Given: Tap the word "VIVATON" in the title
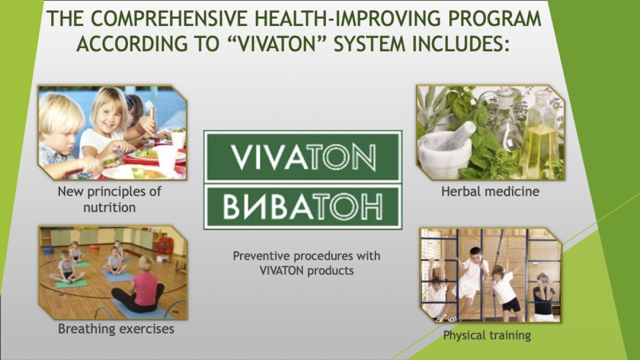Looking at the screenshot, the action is click(x=278, y=43).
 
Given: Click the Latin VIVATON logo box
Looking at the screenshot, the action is click(x=303, y=156).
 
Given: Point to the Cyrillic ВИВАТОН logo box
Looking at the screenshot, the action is click(x=303, y=206).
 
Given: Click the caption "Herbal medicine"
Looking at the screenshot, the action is click(x=490, y=191).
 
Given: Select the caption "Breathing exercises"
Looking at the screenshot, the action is click(x=116, y=329).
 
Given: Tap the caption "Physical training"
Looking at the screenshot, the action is click(x=487, y=335).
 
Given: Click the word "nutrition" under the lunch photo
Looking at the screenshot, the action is click(x=109, y=207).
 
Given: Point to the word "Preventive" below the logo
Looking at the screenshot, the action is click(x=261, y=256).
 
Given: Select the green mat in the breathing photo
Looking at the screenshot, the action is click(x=71, y=283).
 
